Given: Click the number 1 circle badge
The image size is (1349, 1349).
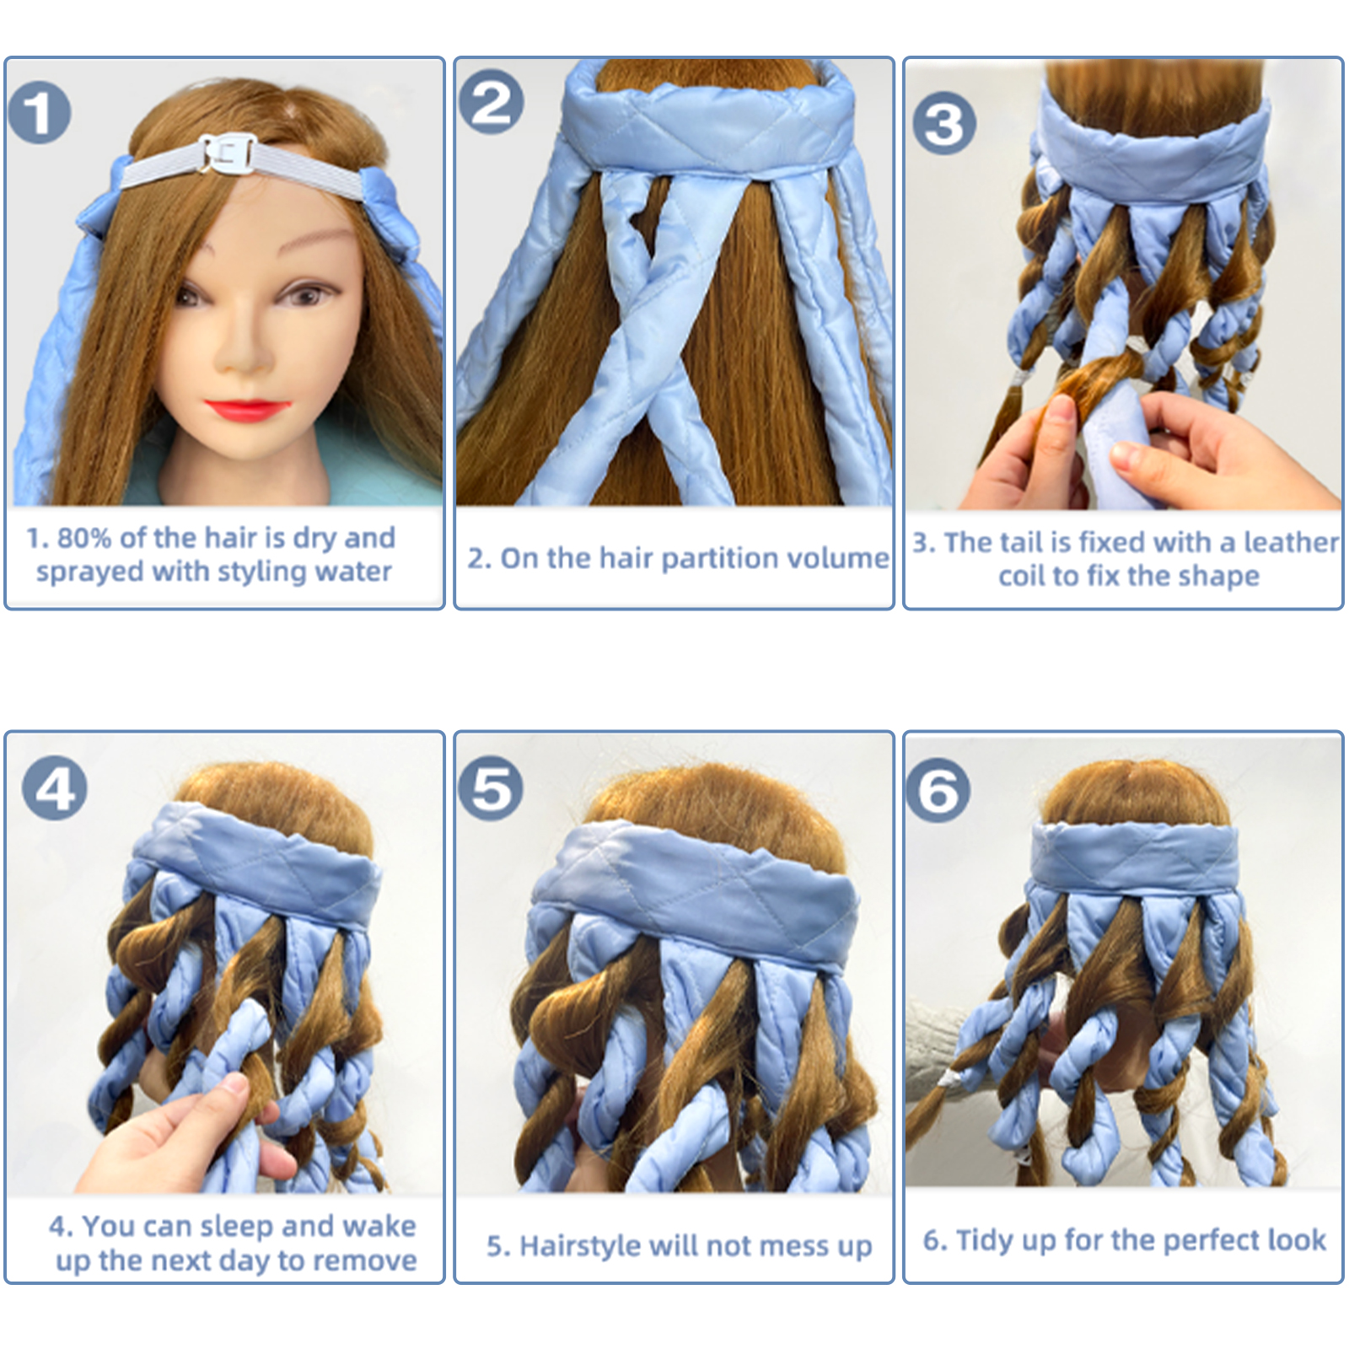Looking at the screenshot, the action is [x=39, y=113].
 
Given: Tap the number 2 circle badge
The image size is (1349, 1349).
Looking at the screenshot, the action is [x=491, y=102].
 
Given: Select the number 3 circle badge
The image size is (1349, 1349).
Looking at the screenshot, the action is [x=944, y=123].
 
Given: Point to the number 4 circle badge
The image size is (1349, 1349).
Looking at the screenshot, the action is [x=55, y=788].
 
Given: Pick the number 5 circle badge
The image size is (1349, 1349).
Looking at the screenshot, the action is [x=491, y=788].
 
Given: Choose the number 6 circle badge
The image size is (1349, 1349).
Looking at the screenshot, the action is [x=938, y=790].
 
